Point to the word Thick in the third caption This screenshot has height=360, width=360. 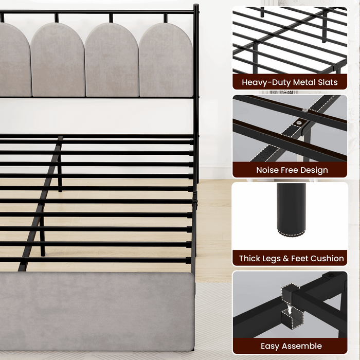tap(249, 258)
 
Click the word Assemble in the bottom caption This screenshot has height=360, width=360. tap(302, 346)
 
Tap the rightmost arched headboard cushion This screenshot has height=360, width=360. tap(166, 60)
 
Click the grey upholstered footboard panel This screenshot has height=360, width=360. tap(97, 311)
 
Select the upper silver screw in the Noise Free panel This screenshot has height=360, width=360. tap(305, 110)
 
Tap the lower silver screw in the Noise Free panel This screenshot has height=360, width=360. tap(299, 123)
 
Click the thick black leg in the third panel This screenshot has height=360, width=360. tap(292, 208)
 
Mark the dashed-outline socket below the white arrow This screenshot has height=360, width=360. tap(292, 319)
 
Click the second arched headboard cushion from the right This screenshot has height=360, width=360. tap(112, 60)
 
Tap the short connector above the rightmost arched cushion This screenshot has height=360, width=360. tap(165, 18)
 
